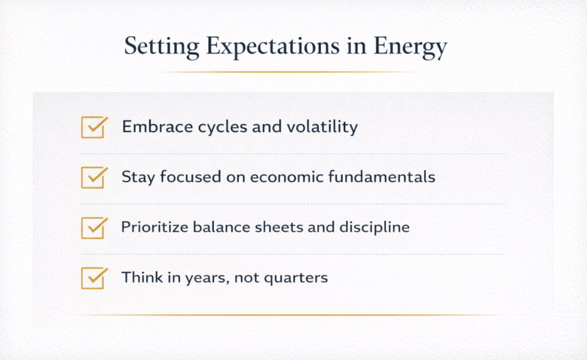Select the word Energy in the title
tap(410, 47)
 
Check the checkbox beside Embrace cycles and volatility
tap(93, 127)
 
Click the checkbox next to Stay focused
tap(93, 178)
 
